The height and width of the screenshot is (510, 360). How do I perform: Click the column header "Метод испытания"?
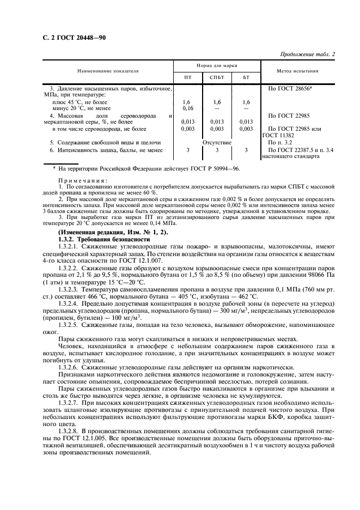click(298, 71)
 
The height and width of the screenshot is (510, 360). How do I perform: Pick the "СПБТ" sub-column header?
click(217, 77)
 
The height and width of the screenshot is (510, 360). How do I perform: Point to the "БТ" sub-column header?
click(246, 77)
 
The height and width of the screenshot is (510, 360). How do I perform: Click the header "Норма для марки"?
click(217, 65)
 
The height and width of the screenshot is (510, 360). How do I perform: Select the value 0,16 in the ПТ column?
click(188, 108)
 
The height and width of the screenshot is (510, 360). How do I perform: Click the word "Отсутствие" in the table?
click(217, 142)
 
